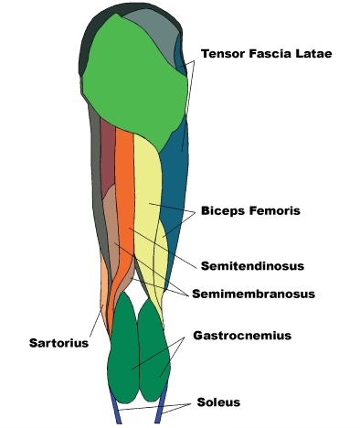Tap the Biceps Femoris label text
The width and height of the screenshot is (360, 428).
pos(262,210)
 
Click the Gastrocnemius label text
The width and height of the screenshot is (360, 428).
pos(241,336)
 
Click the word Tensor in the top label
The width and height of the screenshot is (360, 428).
pos(222,54)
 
